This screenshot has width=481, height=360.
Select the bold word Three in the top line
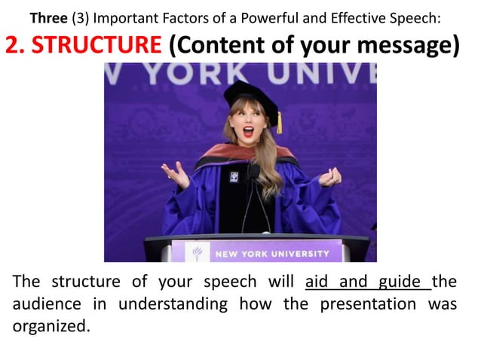pos(48,16)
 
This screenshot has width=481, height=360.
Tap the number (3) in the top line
pos(80,16)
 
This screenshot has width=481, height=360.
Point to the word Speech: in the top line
pos(424,16)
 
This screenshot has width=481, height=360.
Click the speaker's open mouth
pos(248,132)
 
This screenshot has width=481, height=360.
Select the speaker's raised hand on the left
pos(176,175)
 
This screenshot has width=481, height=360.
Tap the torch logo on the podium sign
pos(198,254)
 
